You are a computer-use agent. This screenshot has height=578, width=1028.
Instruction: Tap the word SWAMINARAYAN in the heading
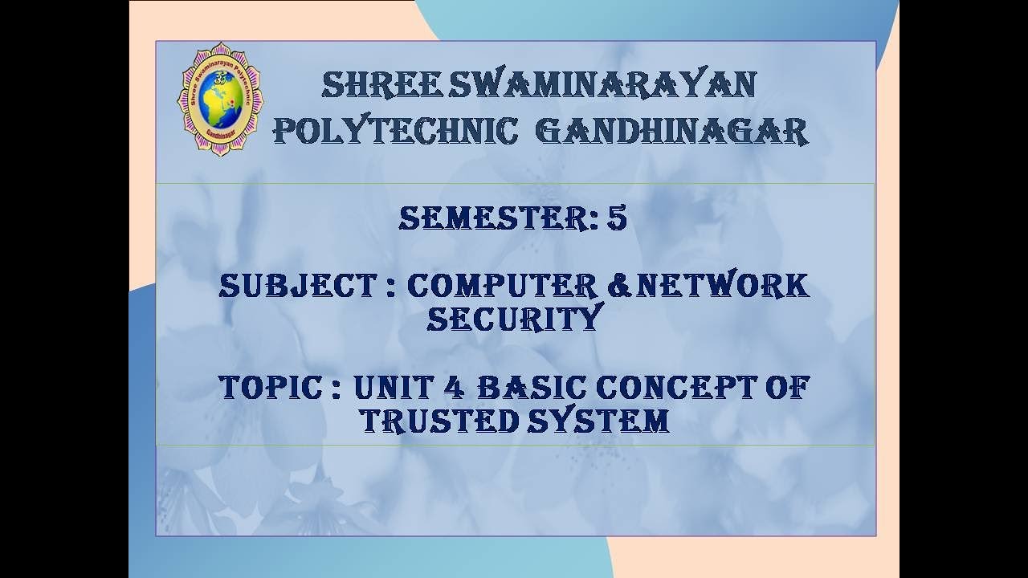click(x=602, y=84)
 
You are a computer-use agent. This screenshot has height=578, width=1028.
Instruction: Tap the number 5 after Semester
click(x=617, y=218)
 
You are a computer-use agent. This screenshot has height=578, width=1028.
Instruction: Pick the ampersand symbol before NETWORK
click(x=619, y=286)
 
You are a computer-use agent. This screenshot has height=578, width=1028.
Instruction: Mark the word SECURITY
click(x=514, y=319)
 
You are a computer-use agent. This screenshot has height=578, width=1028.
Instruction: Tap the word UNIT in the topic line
click(x=390, y=388)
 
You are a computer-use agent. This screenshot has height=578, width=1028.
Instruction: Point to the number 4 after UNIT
click(x=451, y=388)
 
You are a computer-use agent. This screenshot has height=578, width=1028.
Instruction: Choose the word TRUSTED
click(x=438, y=421)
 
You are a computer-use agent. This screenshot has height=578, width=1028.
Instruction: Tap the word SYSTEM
click(x=598, y=421)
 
